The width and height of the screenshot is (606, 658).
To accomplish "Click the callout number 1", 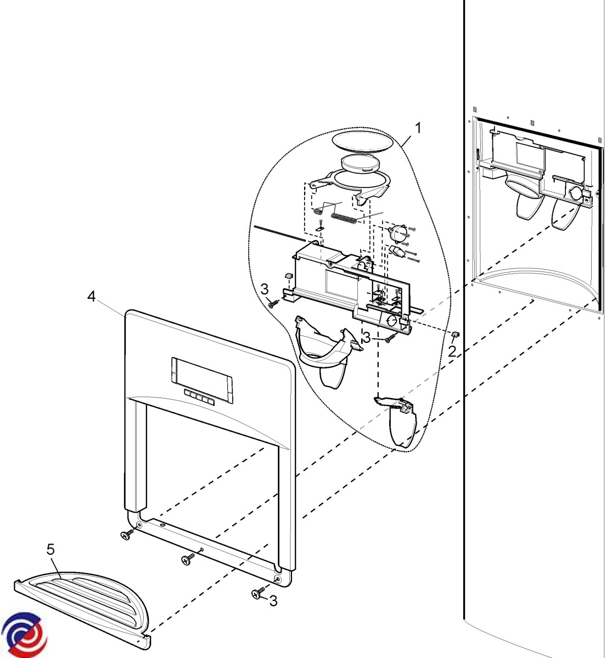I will tap(418, 129).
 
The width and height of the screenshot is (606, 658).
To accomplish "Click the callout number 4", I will tap(91, 297).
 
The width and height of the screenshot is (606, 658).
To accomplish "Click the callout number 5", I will tap(51, 549).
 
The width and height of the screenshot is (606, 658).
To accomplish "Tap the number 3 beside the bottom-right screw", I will tap(273, 601).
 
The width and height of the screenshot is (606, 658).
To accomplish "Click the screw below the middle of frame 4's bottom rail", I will tap(188, 559).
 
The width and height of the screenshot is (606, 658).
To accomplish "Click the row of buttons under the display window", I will tap(200, 398).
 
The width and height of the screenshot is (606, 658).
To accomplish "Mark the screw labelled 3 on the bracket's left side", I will tap(273, 302).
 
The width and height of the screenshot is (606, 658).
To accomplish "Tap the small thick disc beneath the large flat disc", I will tap(359, 163).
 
